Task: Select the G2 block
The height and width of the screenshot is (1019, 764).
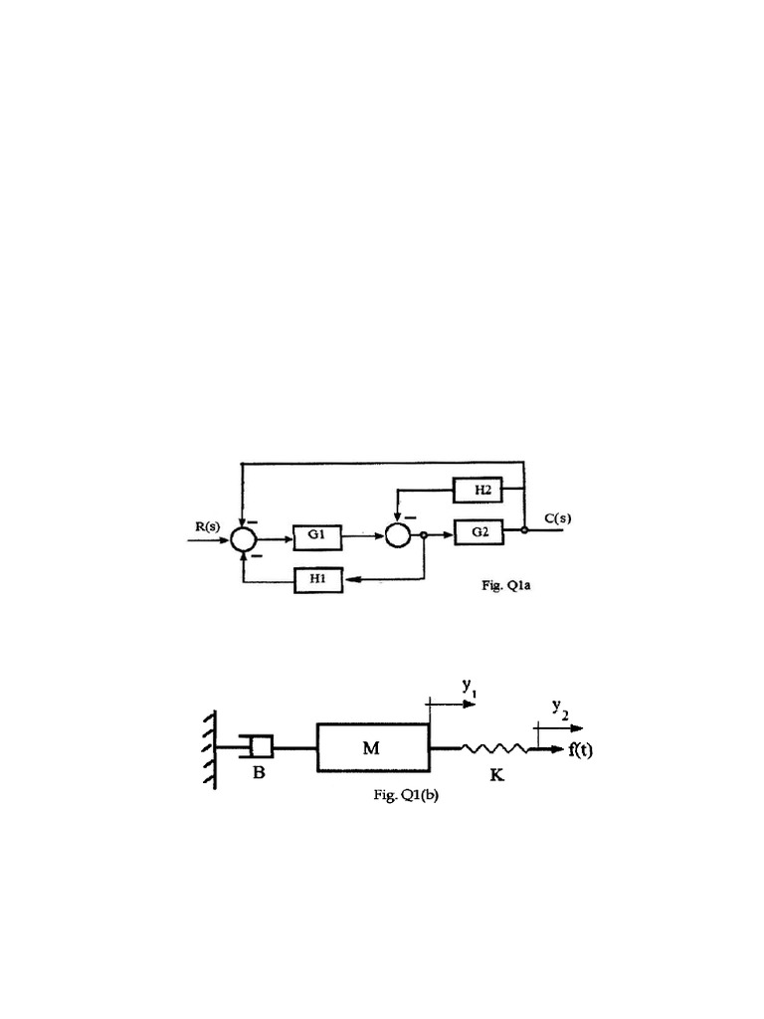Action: tap(479, 533)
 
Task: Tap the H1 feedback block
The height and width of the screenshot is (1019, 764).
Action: tap(318, 579)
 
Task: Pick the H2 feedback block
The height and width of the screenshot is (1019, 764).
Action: tap(477, 490)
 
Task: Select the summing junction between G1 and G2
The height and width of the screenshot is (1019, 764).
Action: tap(399, 535)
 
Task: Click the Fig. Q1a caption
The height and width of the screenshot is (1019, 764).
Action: tap(512, 586)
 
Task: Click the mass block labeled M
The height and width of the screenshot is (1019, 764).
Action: tap(372, 747)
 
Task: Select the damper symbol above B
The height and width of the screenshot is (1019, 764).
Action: tap(259, 745)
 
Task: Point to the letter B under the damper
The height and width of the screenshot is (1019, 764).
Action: tap(258, 775)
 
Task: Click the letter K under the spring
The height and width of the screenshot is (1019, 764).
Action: tap(495, 775)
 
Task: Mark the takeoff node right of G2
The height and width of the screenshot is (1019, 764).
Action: tap(524, 531)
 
